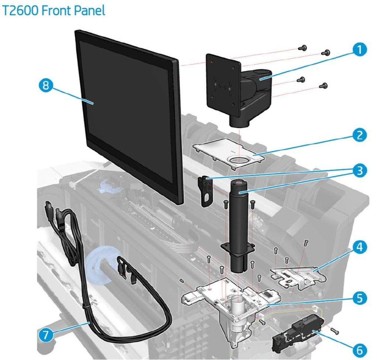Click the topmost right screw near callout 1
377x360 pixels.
(x=325, y=53)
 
